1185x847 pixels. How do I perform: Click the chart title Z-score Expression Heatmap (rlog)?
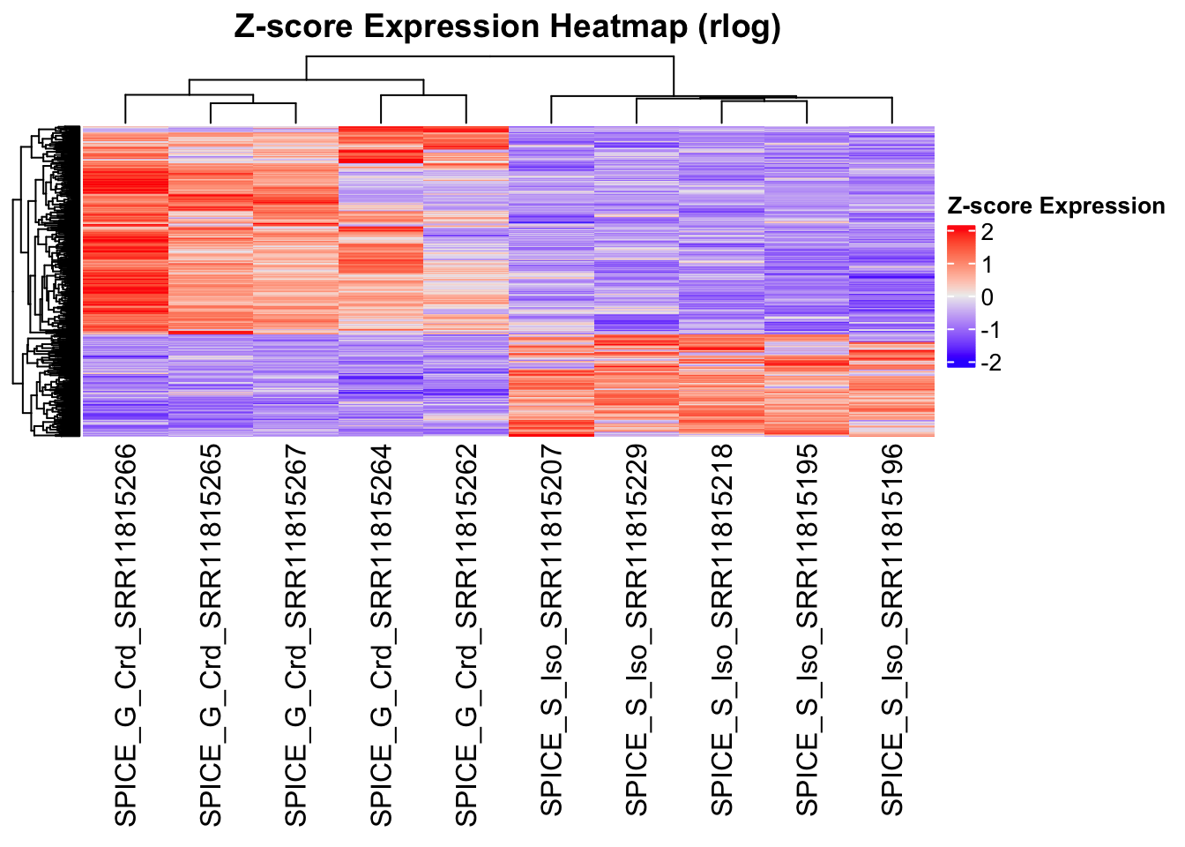[x=508, y=26]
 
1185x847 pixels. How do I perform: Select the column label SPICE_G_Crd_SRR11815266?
[x=126, y=635]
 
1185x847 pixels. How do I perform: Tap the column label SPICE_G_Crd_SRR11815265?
[x=212, y=635]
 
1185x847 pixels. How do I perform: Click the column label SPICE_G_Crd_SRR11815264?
[x=382, y=635]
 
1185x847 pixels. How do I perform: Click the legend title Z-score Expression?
[x=1055, y=206]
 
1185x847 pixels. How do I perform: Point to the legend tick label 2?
[x=987, y=232]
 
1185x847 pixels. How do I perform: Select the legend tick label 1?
[x=987, y=265]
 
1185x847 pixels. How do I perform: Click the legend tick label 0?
[x=987, y=297]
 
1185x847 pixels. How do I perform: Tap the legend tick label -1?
[x=990, y=330]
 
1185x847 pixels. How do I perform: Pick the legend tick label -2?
[x=990, y=363]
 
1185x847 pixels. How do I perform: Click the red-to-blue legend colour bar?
[x=960, y=296]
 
